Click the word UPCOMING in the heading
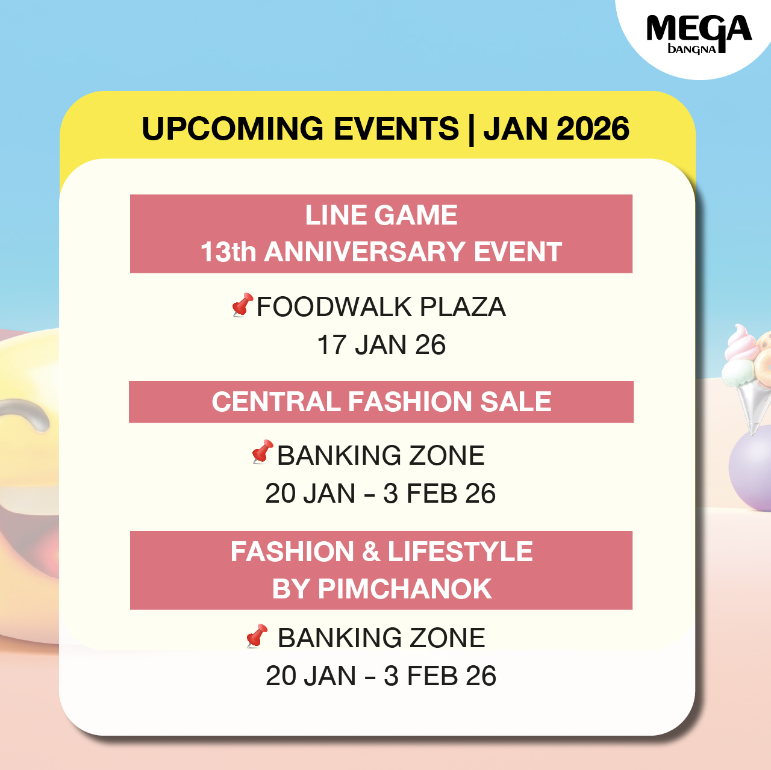coord(233,128)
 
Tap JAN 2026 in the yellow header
coord(556,128)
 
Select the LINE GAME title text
coord(381,215)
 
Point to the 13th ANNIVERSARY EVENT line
coord(381,252)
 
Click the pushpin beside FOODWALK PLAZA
coord(243,305)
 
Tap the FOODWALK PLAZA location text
coord(381,307)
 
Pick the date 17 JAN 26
coord(381,345)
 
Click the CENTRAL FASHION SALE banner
coord(381,402)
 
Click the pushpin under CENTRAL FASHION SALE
coord(263,452)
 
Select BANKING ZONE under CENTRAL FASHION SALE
coord(381,456)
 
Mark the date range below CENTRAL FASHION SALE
coord(381,493)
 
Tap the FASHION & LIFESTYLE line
coord(381,551)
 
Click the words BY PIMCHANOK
coord(382,589)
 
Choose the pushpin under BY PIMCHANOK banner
coord(257,636)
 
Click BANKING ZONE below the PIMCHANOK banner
coord(381,638)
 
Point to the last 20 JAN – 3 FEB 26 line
coord(381,675)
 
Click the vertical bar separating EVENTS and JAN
coord(471,130)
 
